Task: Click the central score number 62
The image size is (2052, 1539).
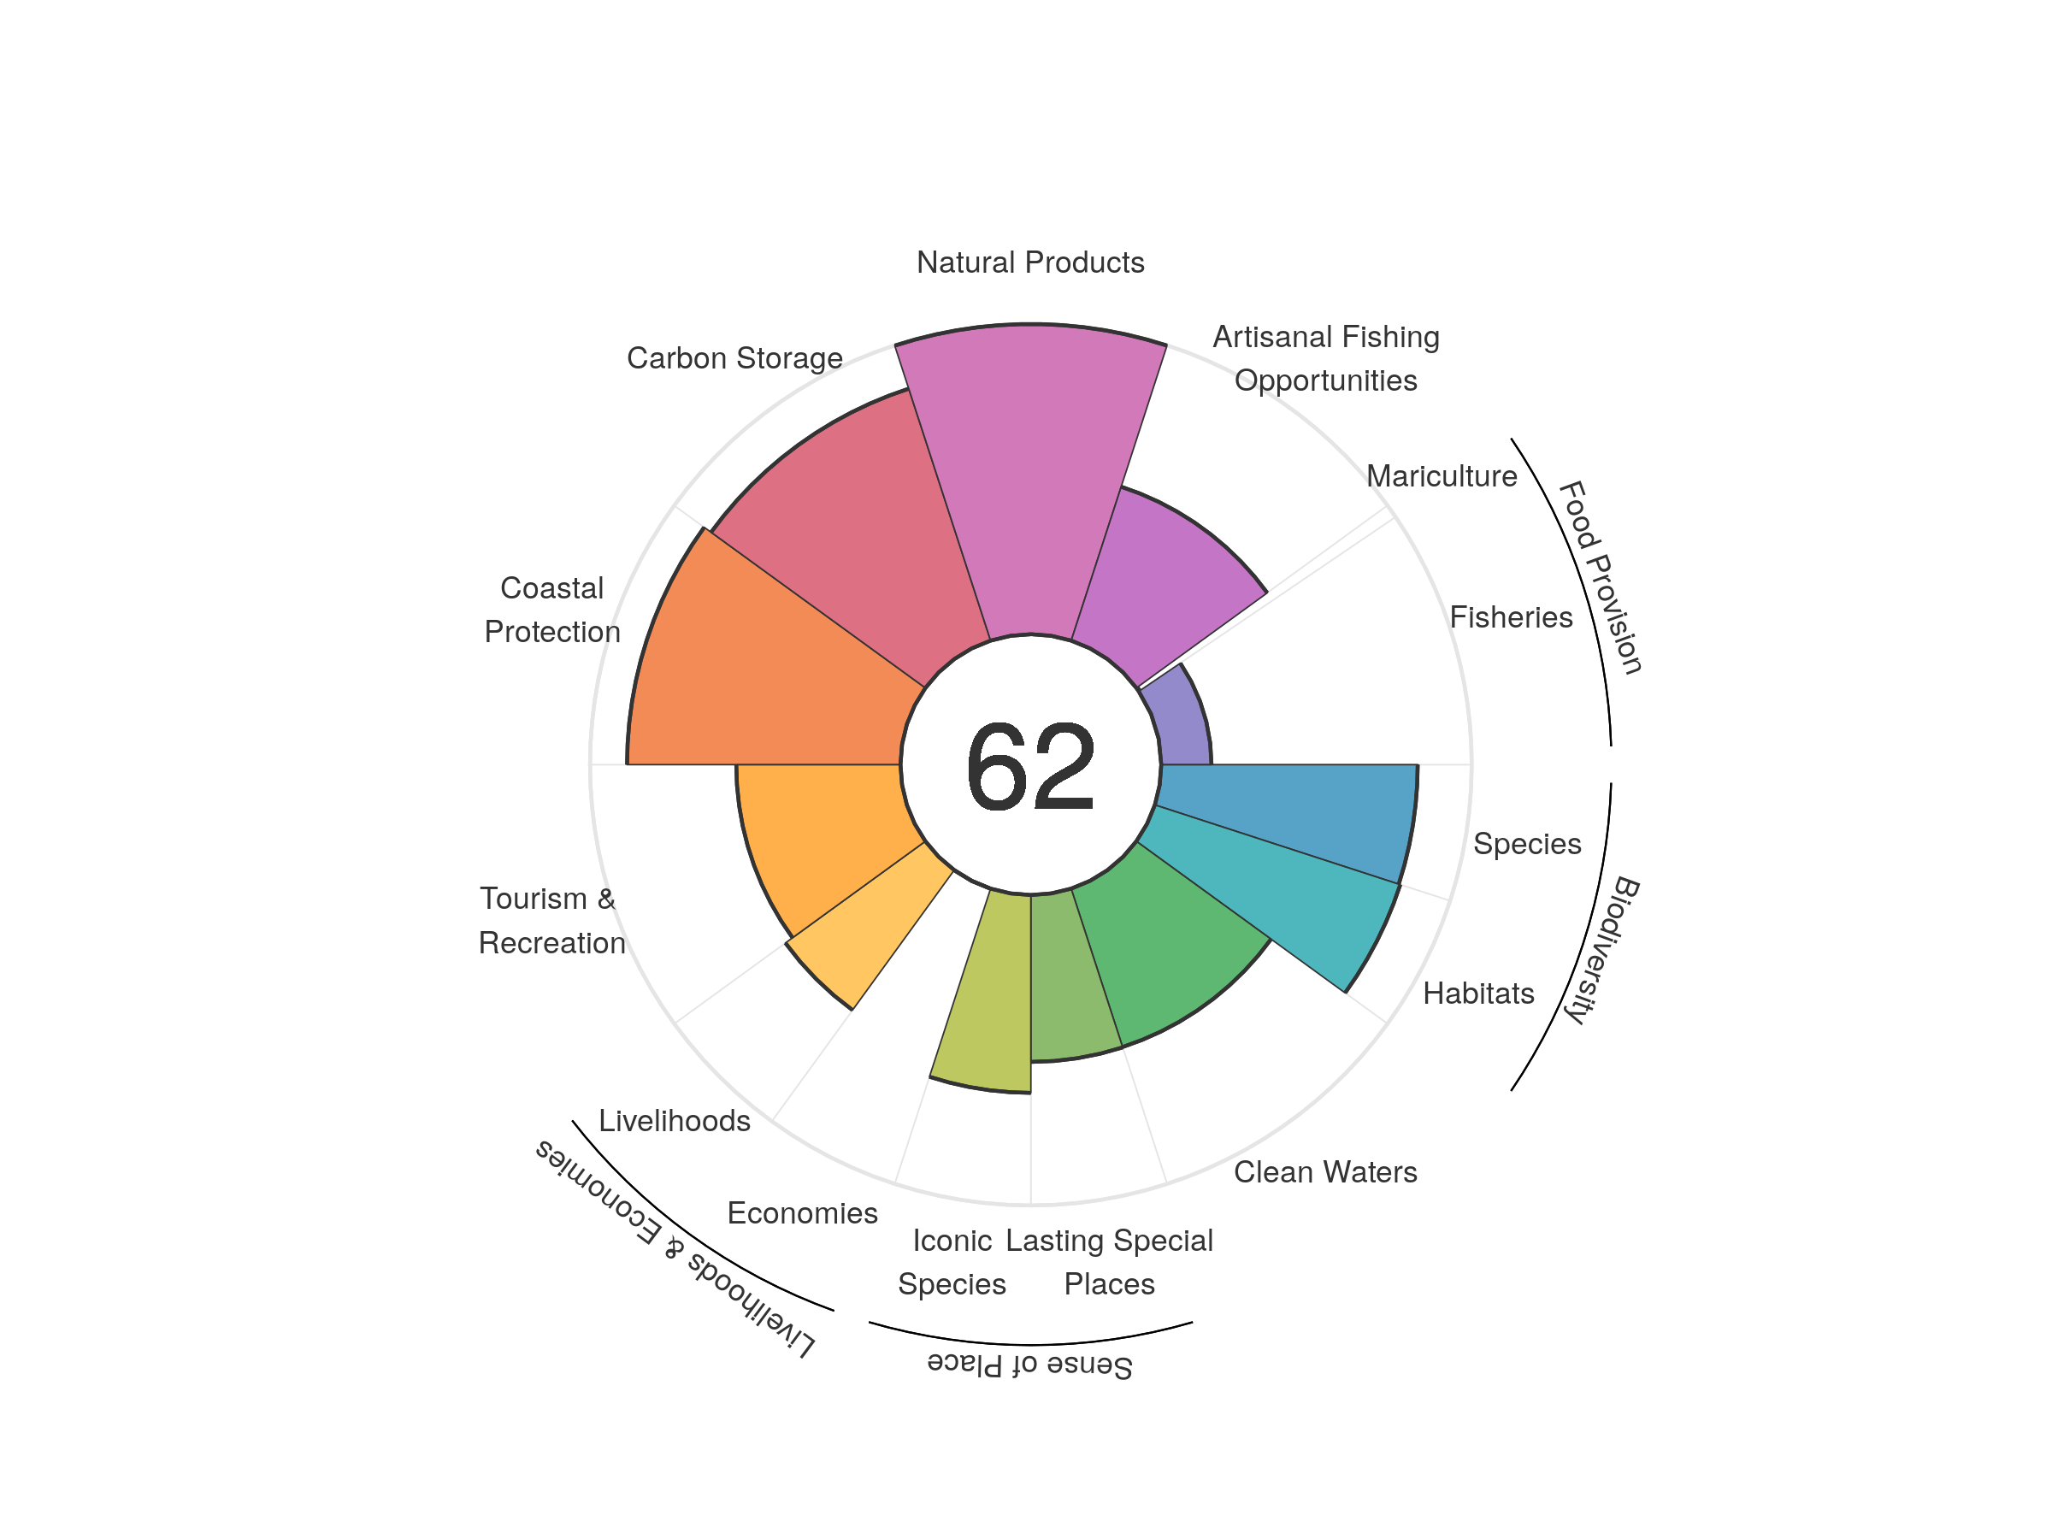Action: click(1029, 766)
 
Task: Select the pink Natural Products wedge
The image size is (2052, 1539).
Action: click(1029, 482)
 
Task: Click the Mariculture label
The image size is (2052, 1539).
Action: click(1441, 477)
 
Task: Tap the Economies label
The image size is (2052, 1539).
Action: click(803, 1213)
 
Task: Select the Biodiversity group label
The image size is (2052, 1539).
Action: click(1601, 950)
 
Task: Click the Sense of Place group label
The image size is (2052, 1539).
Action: click(1029, 1365)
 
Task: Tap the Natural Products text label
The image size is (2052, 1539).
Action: click(1029, 262)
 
